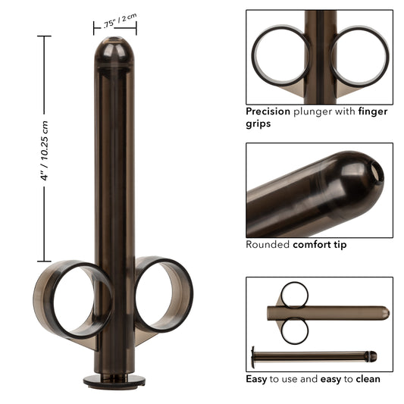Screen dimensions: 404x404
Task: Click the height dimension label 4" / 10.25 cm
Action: point(45,149)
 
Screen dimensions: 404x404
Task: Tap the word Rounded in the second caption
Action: point(268,245)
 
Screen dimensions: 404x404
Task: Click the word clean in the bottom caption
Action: point(363,378)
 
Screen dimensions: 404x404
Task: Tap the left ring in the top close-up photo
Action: point(280,57)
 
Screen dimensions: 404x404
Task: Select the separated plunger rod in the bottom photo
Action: point(311,355)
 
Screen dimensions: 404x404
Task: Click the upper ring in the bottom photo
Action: point(294,293)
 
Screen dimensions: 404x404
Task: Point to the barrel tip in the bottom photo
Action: point(385,312)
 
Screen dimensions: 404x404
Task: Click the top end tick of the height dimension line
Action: point(44,36)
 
